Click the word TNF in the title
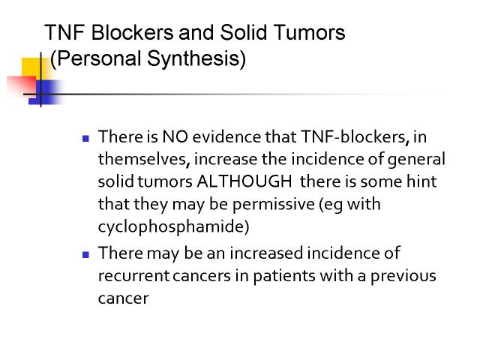click(64, 32)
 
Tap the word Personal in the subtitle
click(98, 58)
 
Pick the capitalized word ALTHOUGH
click(244, 181)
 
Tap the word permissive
click(273, 205)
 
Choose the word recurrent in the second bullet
click(133, 276)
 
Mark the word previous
click(403, 277)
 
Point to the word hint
click(421, 181)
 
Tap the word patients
click(284, 277)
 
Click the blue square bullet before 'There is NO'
click(85, 138)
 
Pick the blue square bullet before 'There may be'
click(85, 255)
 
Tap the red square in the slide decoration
click(22, 85)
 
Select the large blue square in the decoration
click(46, 92)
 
